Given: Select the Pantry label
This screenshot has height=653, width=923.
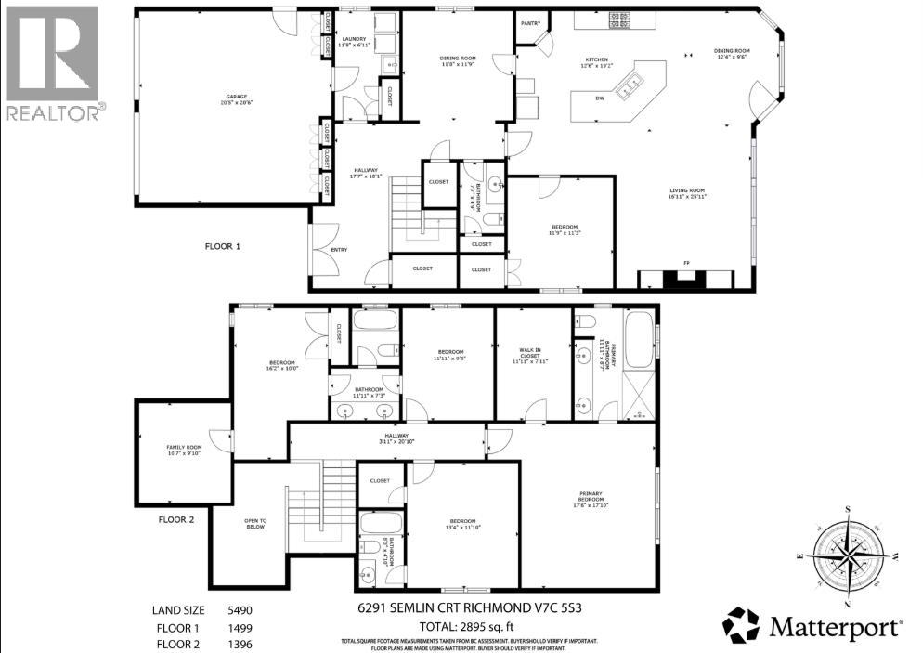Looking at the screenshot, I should point(531,23).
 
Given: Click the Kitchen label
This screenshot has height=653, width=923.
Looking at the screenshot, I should point(596,59).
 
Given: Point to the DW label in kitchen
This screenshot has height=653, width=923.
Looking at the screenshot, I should point(601,98).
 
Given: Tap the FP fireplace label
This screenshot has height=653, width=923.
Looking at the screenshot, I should point(687,263).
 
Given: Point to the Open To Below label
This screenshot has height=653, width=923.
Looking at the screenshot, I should point(255,524).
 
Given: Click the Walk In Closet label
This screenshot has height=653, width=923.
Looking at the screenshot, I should point(532,354).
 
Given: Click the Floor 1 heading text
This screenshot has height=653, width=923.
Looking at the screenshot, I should point(223,247).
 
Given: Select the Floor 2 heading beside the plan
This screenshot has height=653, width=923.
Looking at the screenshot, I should point(176,520).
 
